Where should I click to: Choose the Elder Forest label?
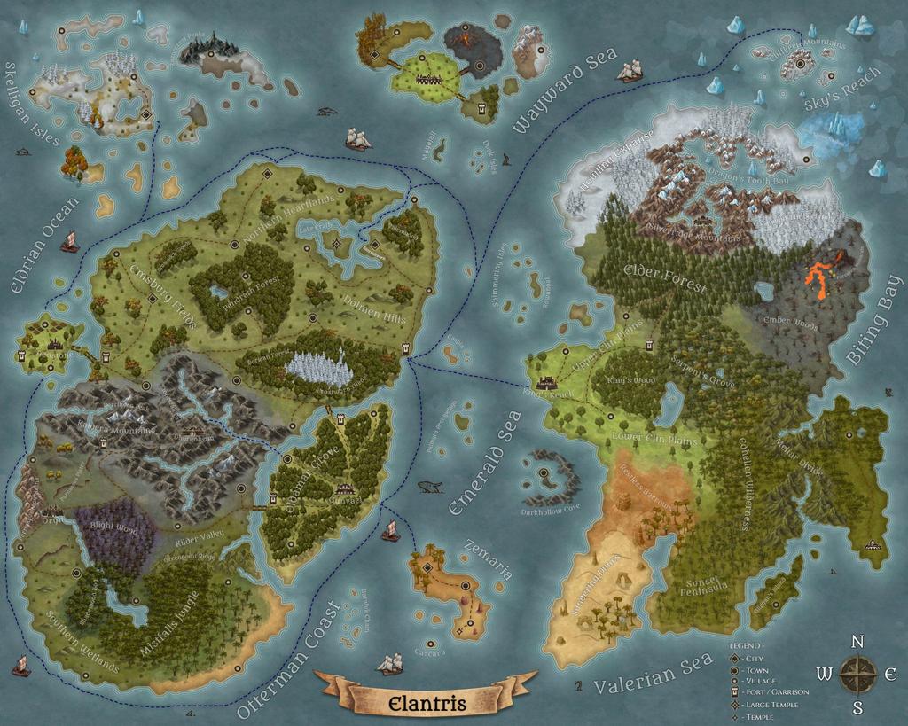coord(665,277)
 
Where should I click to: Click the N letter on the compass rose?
coord(857,643)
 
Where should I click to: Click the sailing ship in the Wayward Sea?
coord(629,70)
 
